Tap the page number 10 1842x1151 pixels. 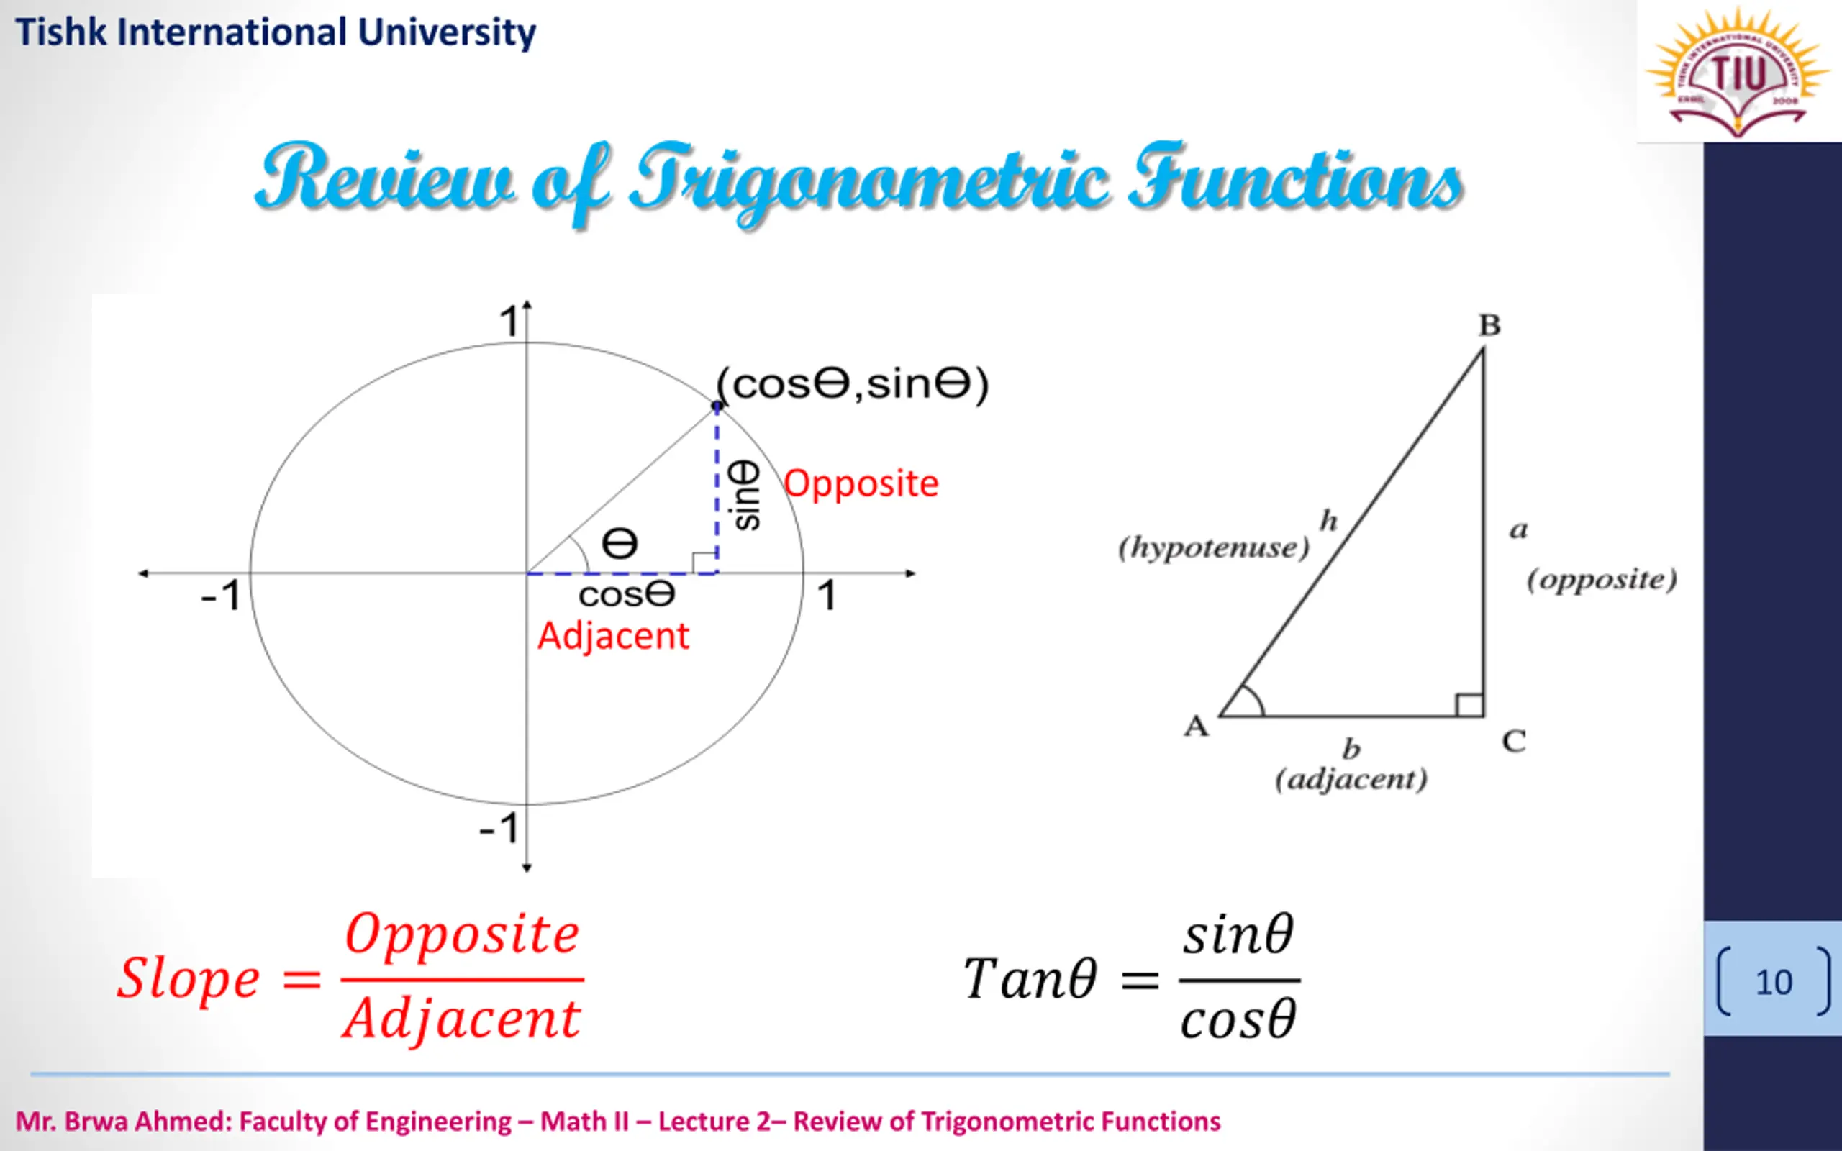1774,982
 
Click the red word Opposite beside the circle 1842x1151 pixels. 861,484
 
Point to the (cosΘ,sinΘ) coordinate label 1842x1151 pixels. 853,383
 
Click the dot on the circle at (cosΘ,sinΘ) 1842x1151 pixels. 716,406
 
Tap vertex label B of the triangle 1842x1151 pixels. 1489,326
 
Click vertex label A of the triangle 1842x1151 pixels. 1196,727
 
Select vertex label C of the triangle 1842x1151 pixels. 1514,741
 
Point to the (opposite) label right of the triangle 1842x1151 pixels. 1602,580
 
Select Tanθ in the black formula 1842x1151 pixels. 1030,979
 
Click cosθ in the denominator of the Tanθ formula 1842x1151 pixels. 1238,1020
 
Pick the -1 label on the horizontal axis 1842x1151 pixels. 221,596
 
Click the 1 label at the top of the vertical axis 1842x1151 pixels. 508,321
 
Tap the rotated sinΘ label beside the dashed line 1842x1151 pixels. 745,495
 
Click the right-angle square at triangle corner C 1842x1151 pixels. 1469,705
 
